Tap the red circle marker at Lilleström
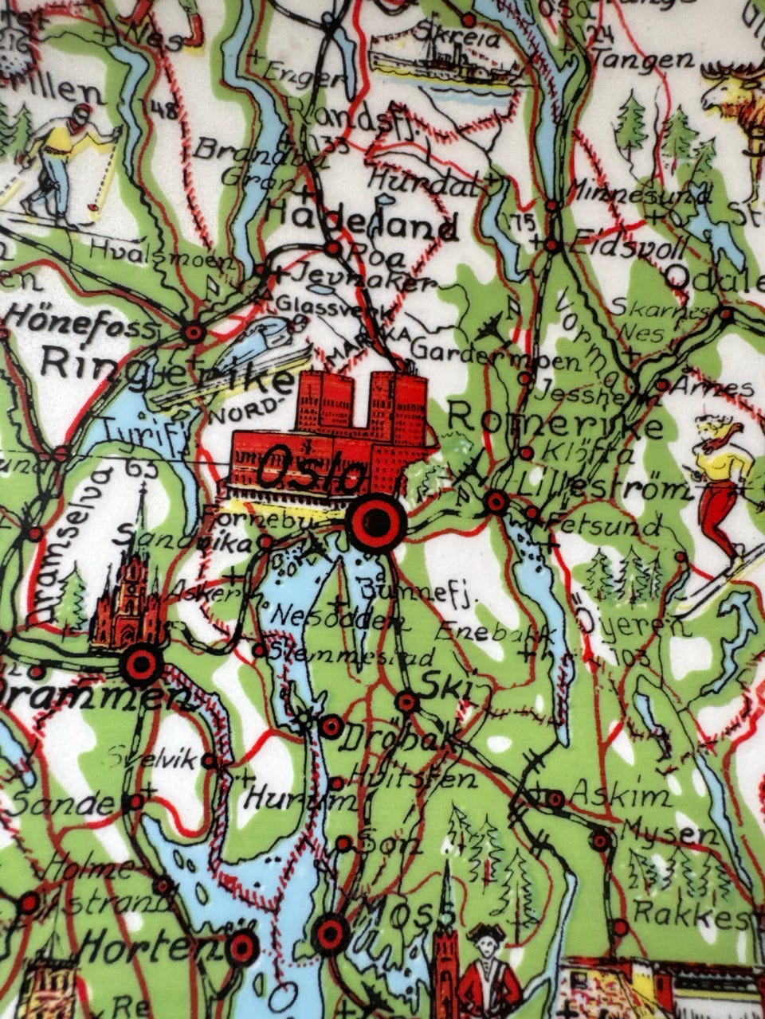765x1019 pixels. coord(496,502)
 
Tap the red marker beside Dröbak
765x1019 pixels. coord(331,726)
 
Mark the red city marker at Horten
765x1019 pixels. coord(242,948)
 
